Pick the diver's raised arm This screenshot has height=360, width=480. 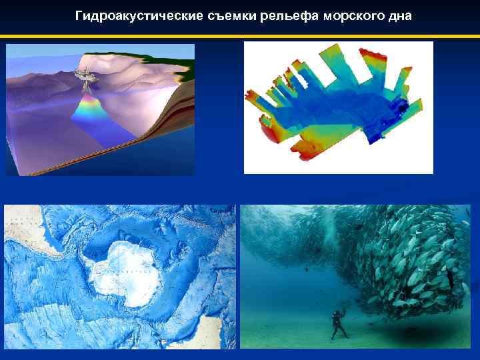[x=343, y=309]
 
